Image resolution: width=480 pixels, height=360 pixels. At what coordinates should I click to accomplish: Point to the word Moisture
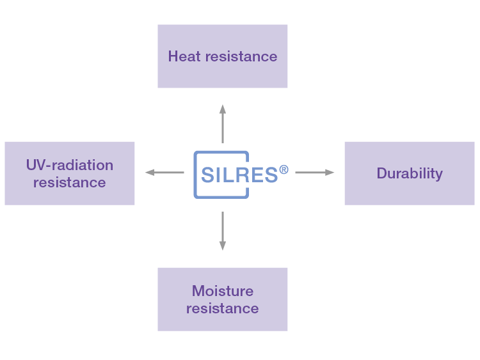[x=222, y=291]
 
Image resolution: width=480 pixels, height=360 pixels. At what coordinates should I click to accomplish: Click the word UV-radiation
[x=69, y=165]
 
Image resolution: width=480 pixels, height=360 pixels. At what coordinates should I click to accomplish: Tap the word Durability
[x=410, y=173]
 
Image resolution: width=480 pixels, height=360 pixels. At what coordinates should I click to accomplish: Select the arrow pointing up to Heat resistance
[x=223, y=124]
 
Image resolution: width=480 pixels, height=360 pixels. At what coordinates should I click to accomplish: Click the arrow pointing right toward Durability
[x=314, y=172]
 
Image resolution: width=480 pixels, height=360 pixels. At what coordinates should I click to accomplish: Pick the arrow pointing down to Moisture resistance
[x=223, y=230]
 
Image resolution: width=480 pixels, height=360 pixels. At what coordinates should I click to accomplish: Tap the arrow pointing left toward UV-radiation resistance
[x=164, y=172]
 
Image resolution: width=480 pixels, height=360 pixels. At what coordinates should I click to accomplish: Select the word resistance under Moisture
[x=222, y=308]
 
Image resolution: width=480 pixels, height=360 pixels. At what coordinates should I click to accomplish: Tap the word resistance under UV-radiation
[x=69, y=182]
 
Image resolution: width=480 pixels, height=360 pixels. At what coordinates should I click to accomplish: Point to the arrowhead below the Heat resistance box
[x=223, y=109]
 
